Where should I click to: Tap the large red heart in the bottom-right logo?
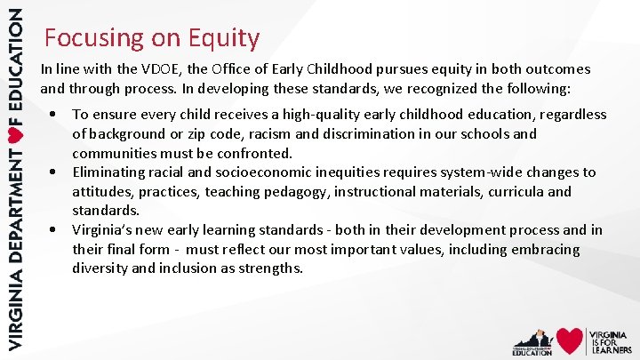tap(569, 340)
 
